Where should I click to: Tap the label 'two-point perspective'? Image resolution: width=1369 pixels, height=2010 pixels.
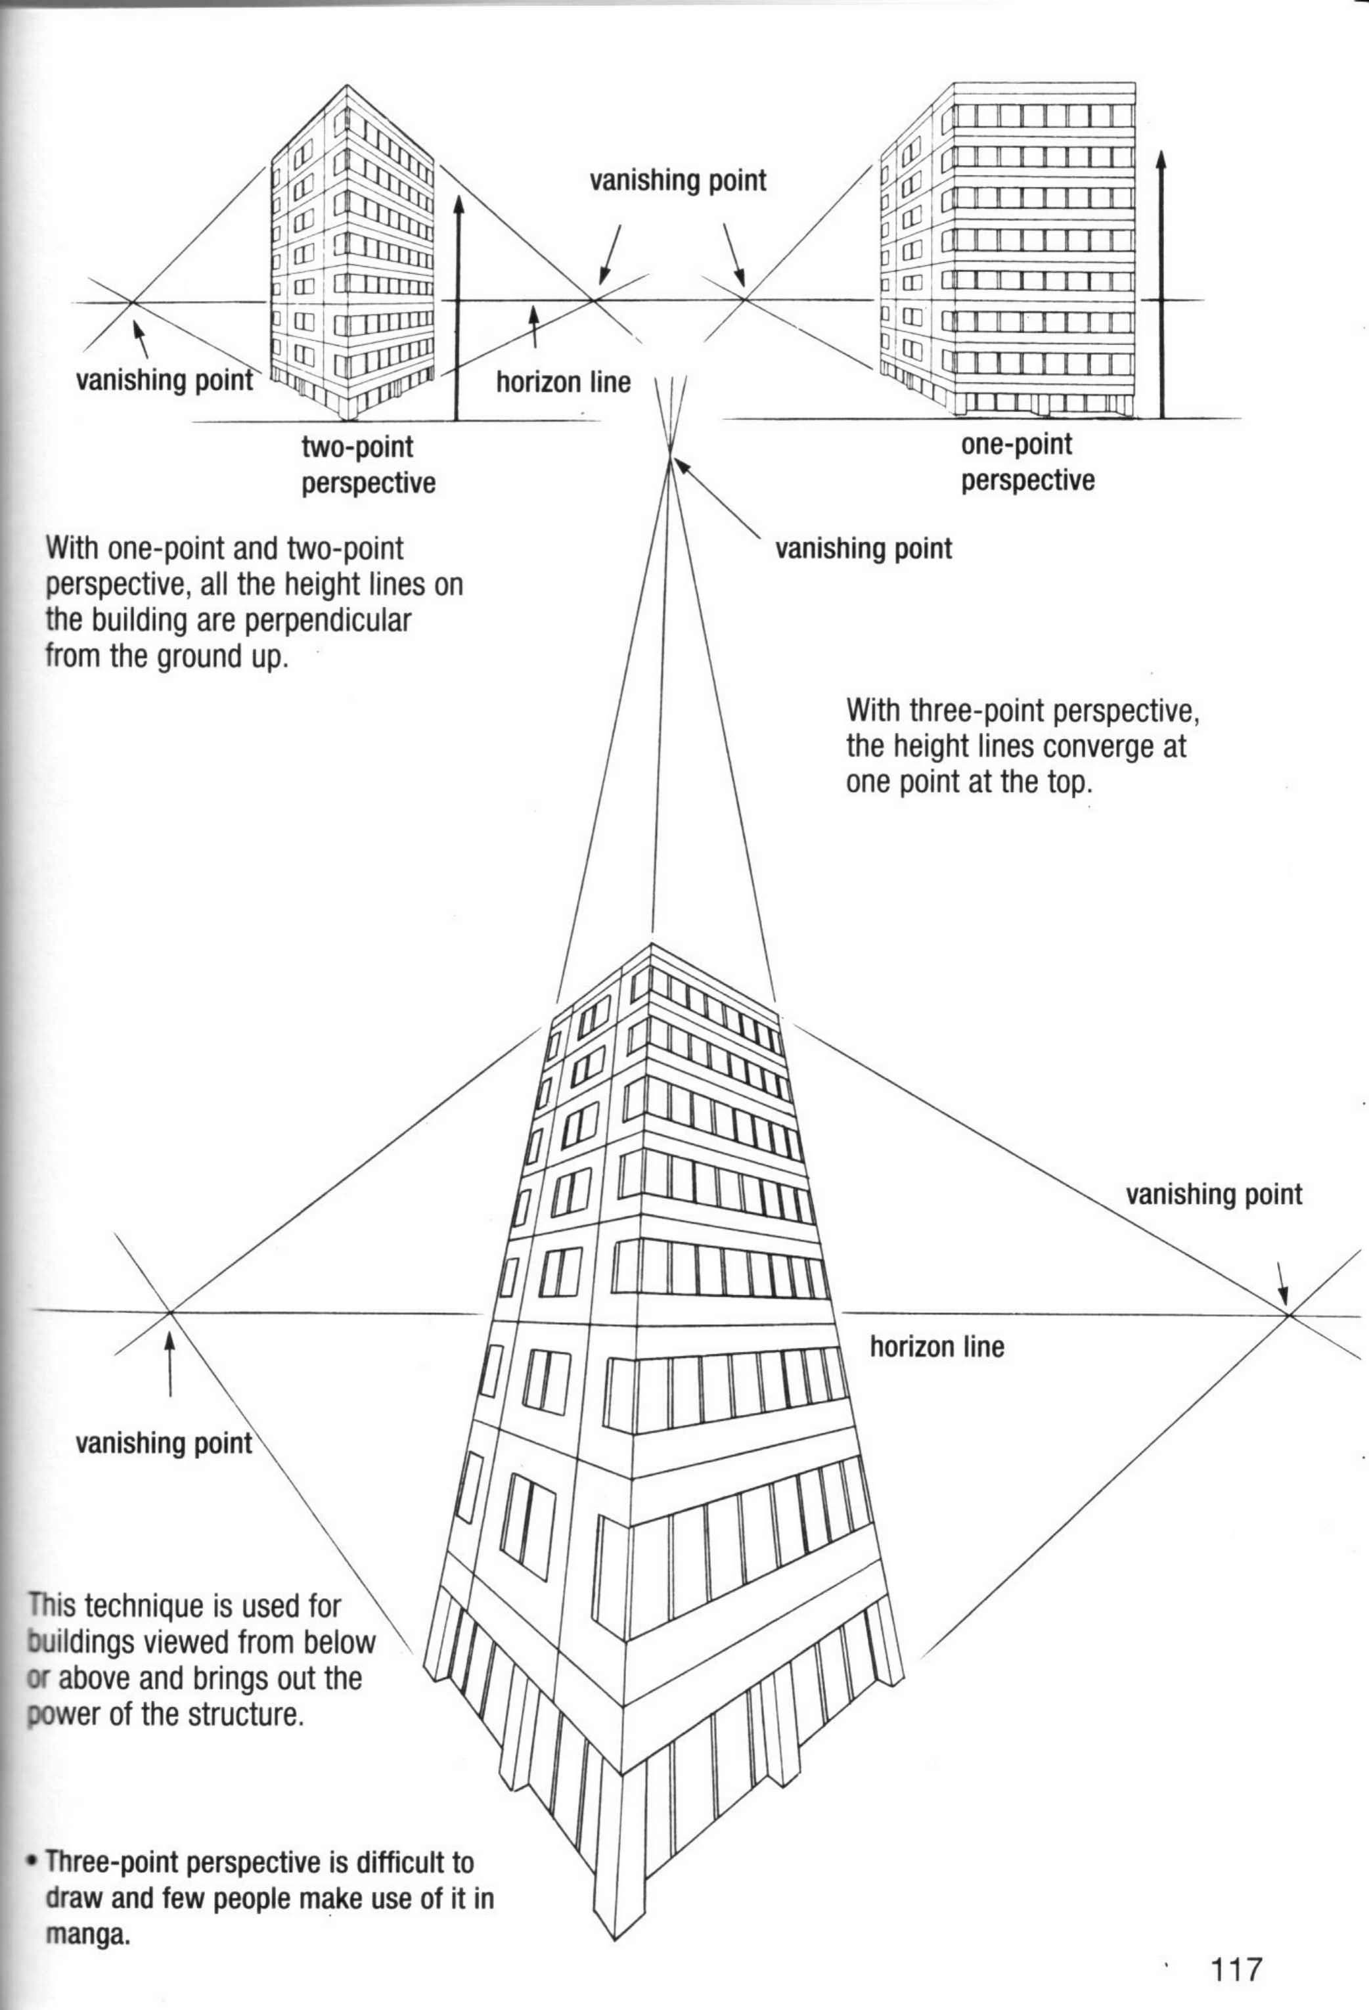pos(368,464)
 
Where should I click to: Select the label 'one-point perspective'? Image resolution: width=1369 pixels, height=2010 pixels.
pos(1027,462)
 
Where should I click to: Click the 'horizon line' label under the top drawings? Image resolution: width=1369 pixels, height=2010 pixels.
pos(563,382)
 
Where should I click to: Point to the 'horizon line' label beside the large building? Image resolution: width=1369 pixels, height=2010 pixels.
pos(937,1347)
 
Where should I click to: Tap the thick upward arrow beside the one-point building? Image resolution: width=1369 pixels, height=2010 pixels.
pos(1161,286)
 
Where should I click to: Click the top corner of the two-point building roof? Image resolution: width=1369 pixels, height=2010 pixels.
pos(347,85)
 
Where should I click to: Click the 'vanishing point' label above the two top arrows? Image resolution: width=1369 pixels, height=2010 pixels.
pos(678,181)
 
